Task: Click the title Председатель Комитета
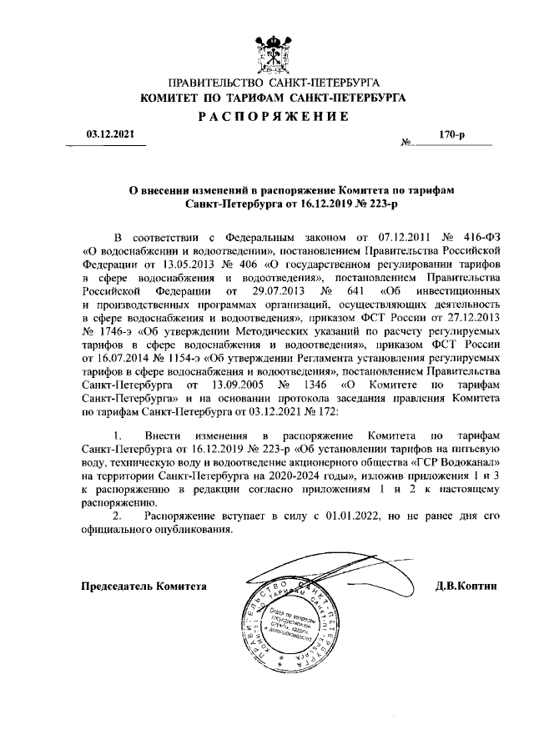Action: coord(143,586)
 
